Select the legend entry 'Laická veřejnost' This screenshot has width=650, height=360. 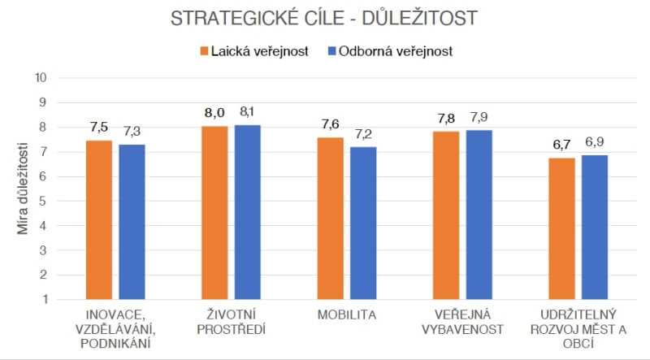point(260,51)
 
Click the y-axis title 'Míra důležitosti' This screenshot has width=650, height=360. point(24,189)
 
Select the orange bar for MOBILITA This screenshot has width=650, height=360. point(331,218)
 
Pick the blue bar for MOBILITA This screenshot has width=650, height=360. point(363,223)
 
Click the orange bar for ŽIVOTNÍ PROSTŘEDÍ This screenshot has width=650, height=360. point(214,213)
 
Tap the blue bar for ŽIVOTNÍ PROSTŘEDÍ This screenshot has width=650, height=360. point(248,211)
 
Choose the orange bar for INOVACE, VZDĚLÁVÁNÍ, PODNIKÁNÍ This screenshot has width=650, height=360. point(99,219)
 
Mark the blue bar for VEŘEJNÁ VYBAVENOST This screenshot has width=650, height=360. point(479,215)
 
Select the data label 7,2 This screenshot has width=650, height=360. point(364,132)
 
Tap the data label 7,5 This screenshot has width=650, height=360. point(99,127)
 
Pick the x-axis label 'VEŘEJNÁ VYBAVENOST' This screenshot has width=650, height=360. point(462,321)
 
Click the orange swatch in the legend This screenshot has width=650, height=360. point(203,51)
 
